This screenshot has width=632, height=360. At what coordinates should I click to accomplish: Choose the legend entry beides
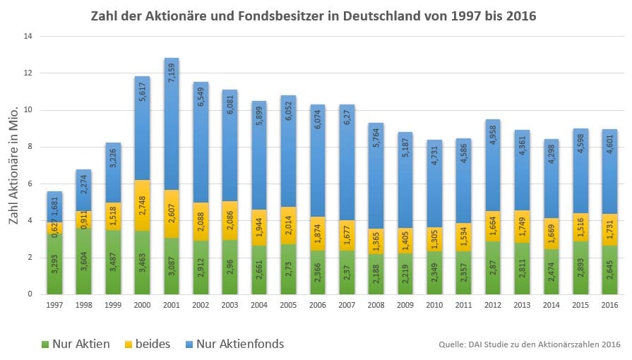[x=149, y=344]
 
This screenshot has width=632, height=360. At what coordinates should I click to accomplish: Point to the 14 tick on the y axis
[x=30, y=36]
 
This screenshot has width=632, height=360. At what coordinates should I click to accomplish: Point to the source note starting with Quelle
[x=529, y=344]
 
